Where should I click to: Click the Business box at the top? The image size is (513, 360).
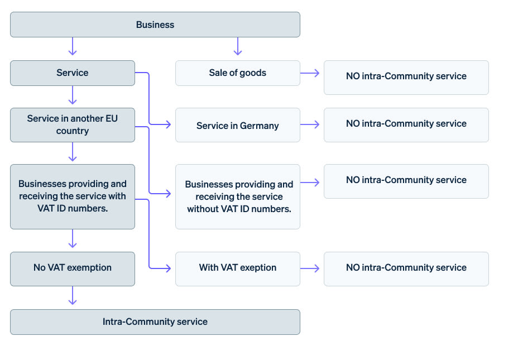coord(155,25)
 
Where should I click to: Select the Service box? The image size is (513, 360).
coord(73,73)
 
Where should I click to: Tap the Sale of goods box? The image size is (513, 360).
coord(237,73)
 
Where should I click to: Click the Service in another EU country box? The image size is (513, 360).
coord(73,125)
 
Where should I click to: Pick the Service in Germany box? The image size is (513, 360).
coord(237,126)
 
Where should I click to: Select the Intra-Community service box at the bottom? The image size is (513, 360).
coord(155,322)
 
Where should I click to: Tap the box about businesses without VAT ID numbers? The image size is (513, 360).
coord(237,196)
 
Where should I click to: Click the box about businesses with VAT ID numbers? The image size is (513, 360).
coord(73,196)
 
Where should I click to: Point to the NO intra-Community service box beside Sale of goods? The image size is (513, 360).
coord(406,77)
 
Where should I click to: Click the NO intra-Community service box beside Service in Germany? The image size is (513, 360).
coord(406,124)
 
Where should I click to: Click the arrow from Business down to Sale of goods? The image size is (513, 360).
coord(238,47)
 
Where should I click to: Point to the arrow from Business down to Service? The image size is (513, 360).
coord(72,47)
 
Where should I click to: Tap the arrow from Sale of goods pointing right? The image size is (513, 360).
coord(310,73)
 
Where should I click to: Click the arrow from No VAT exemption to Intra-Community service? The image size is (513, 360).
coord(72,296)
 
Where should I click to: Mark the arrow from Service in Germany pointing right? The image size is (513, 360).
coord(310,124)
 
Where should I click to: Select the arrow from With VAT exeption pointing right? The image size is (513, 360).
coord(310,268)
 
